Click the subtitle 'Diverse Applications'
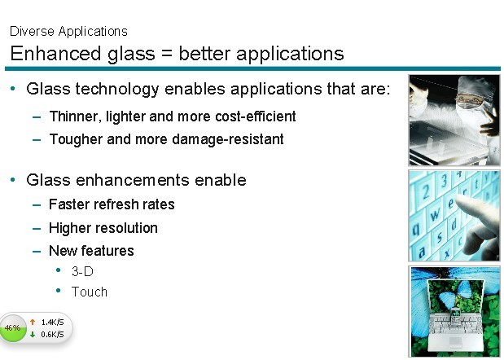(68, 32)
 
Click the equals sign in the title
(167, 54)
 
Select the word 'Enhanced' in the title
(55, 53)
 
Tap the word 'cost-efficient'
(256, 116)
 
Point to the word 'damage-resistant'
(228, 139)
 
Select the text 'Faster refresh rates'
(112, 204)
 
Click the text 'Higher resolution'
(103, 228)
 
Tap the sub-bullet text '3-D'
(82, 271)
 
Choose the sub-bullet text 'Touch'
(90, 292)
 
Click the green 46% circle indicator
(13, 328)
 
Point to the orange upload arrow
(33, 322)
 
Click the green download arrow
(33, 335)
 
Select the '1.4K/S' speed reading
(52, 322)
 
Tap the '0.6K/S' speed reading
(52, 335)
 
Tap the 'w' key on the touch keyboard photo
(435, 213)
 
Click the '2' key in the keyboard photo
(426, 192)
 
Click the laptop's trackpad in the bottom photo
(455, 342)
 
